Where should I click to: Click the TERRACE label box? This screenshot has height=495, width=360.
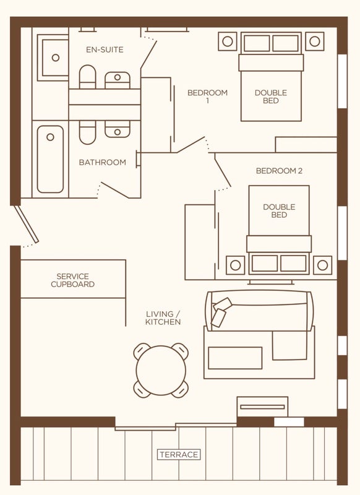(x=179, y=455)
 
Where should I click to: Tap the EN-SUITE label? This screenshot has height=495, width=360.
(x=105, y=49)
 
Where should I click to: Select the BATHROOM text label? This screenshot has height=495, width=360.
(x=102, y=162)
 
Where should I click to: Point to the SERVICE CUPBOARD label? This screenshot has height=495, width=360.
(x=72, y=280)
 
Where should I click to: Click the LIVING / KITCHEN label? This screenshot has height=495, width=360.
(x=163, y=318)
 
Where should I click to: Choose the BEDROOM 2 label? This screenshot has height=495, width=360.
(x=279, y=171)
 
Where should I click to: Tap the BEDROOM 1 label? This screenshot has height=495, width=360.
(x=207, y=97)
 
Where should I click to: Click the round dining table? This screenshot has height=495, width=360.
(x=161, y=370)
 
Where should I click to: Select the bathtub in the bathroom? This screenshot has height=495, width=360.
(x=50, y=159)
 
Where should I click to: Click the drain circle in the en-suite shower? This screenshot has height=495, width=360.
(x=56, y=58)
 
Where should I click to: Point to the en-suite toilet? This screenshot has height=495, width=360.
(x=87, y=77)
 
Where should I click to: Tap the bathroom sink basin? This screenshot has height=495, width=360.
(x=118, y=129)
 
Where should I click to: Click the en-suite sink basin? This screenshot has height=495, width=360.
(x=118, y=80)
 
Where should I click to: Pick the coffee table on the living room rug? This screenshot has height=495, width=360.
(x=235, y=358)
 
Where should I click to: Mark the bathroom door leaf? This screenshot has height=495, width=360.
(x=115, y=190)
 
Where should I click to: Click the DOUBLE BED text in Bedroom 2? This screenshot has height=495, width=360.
(x=279, y=211)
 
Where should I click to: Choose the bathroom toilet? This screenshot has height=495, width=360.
(x=87, y=132)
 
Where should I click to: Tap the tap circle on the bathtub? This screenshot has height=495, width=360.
(x=50, y=137)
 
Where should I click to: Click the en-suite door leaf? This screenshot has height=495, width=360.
(x=148, y=54)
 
